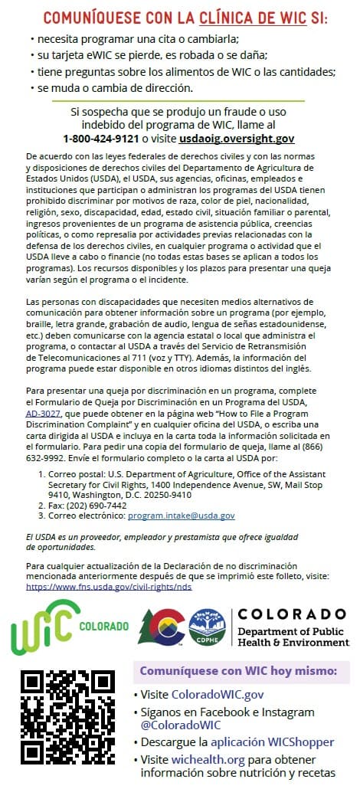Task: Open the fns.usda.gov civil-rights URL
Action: pos(109,587)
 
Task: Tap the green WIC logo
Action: pos(46,627)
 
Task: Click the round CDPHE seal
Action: pos(207,627)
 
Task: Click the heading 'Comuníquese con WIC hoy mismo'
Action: pos(238,671)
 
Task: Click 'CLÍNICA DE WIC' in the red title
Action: pos(260,18)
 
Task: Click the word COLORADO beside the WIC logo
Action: pos(104,626)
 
